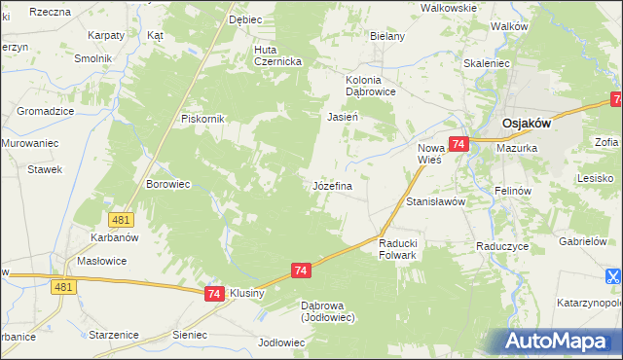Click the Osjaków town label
[527, 124]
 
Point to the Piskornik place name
[202, 119]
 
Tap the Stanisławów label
[436, 201]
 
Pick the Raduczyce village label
[502, 246]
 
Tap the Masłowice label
[102, 262]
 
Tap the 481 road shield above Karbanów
[121, 221]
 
